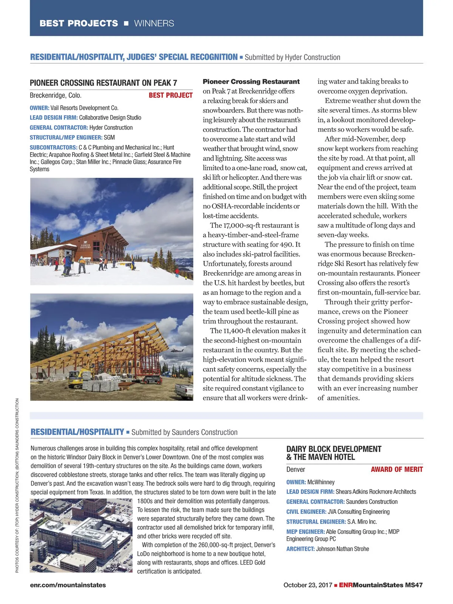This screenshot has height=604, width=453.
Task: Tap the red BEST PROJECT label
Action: (171, 96)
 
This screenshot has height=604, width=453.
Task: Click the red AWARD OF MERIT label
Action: (397, 469)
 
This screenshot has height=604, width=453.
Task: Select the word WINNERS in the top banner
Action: (154, 23)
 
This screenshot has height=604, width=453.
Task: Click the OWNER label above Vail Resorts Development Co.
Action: (39, 108)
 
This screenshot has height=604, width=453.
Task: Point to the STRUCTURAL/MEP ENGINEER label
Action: (66, 137)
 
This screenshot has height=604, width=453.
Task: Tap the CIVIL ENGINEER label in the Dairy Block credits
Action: (306, 512)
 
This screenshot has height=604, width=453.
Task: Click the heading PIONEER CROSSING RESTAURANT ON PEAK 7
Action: (103, 83)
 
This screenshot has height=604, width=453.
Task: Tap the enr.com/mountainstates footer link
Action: (68, 585)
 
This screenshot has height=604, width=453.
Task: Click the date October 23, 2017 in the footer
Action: (308, 585)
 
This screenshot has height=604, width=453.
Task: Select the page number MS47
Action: (414, 585)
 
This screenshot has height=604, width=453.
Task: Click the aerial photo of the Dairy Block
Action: (81, 535)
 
